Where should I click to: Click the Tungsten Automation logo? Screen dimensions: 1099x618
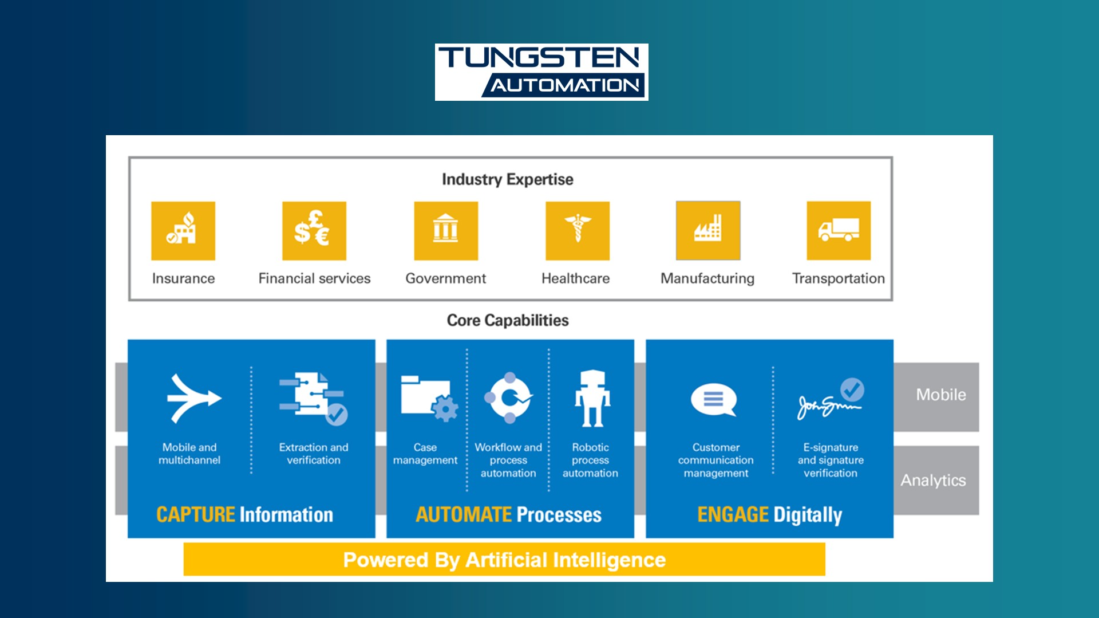click(541, 72)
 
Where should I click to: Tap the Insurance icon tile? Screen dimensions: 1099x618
click(183, 231)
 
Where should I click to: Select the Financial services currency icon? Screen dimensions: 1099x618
click(314, 231)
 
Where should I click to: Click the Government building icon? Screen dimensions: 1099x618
click(446, 231)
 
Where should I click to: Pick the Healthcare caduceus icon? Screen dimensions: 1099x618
click(578, 231)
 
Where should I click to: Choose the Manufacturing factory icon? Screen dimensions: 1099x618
click(708, 231)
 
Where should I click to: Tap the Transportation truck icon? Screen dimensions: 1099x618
click(839, 231)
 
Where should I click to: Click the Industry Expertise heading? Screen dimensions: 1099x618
click(508, 180)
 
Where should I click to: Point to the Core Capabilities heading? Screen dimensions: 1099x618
click(508, 320)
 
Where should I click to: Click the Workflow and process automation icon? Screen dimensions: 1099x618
click(509, 398)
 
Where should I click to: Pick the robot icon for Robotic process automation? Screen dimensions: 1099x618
click(592, 399)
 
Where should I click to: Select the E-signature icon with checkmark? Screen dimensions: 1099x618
click(831, 399)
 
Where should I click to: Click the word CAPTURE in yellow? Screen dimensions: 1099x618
click(196, 514)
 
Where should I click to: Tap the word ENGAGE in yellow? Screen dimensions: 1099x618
click(733, 514)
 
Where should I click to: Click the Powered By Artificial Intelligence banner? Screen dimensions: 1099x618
click(504, 560)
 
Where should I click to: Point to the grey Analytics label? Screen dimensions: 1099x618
click(934, 480)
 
